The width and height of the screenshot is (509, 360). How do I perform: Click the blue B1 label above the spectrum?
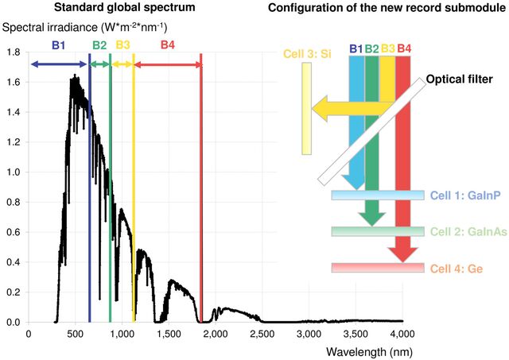point(59,45)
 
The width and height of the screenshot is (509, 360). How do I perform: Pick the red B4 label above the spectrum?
point(168,45)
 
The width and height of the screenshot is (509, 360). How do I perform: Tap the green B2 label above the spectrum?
point(99,45)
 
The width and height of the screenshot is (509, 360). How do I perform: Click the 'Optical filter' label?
point(459,80)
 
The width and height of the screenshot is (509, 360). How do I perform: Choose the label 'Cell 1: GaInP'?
point(465,195)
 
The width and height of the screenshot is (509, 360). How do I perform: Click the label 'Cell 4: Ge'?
point(455,269)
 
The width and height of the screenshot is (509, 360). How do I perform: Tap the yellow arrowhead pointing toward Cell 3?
point(321,107)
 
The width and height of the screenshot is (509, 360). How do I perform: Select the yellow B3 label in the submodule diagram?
point(387,48)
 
